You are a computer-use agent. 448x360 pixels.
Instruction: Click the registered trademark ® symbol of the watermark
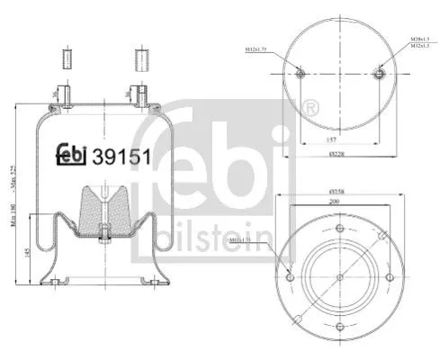point(311,110)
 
